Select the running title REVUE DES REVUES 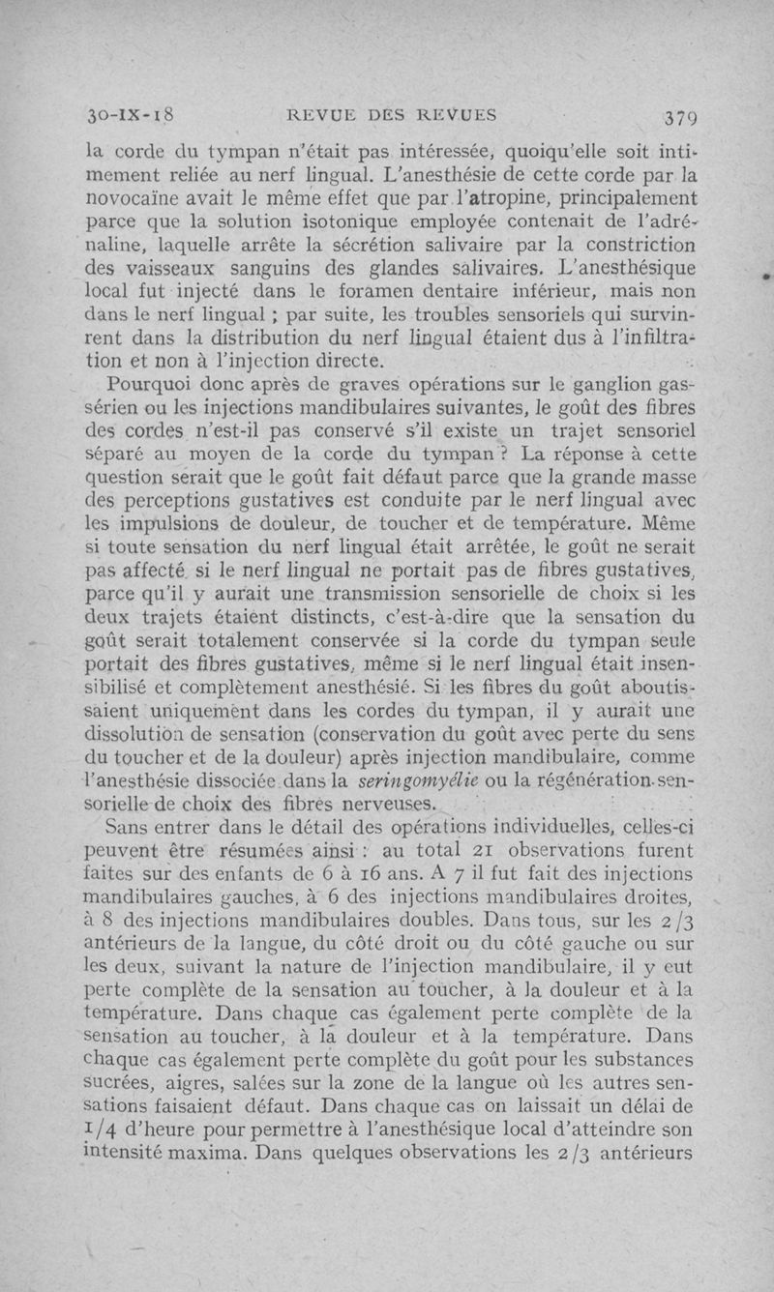[393, 117]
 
